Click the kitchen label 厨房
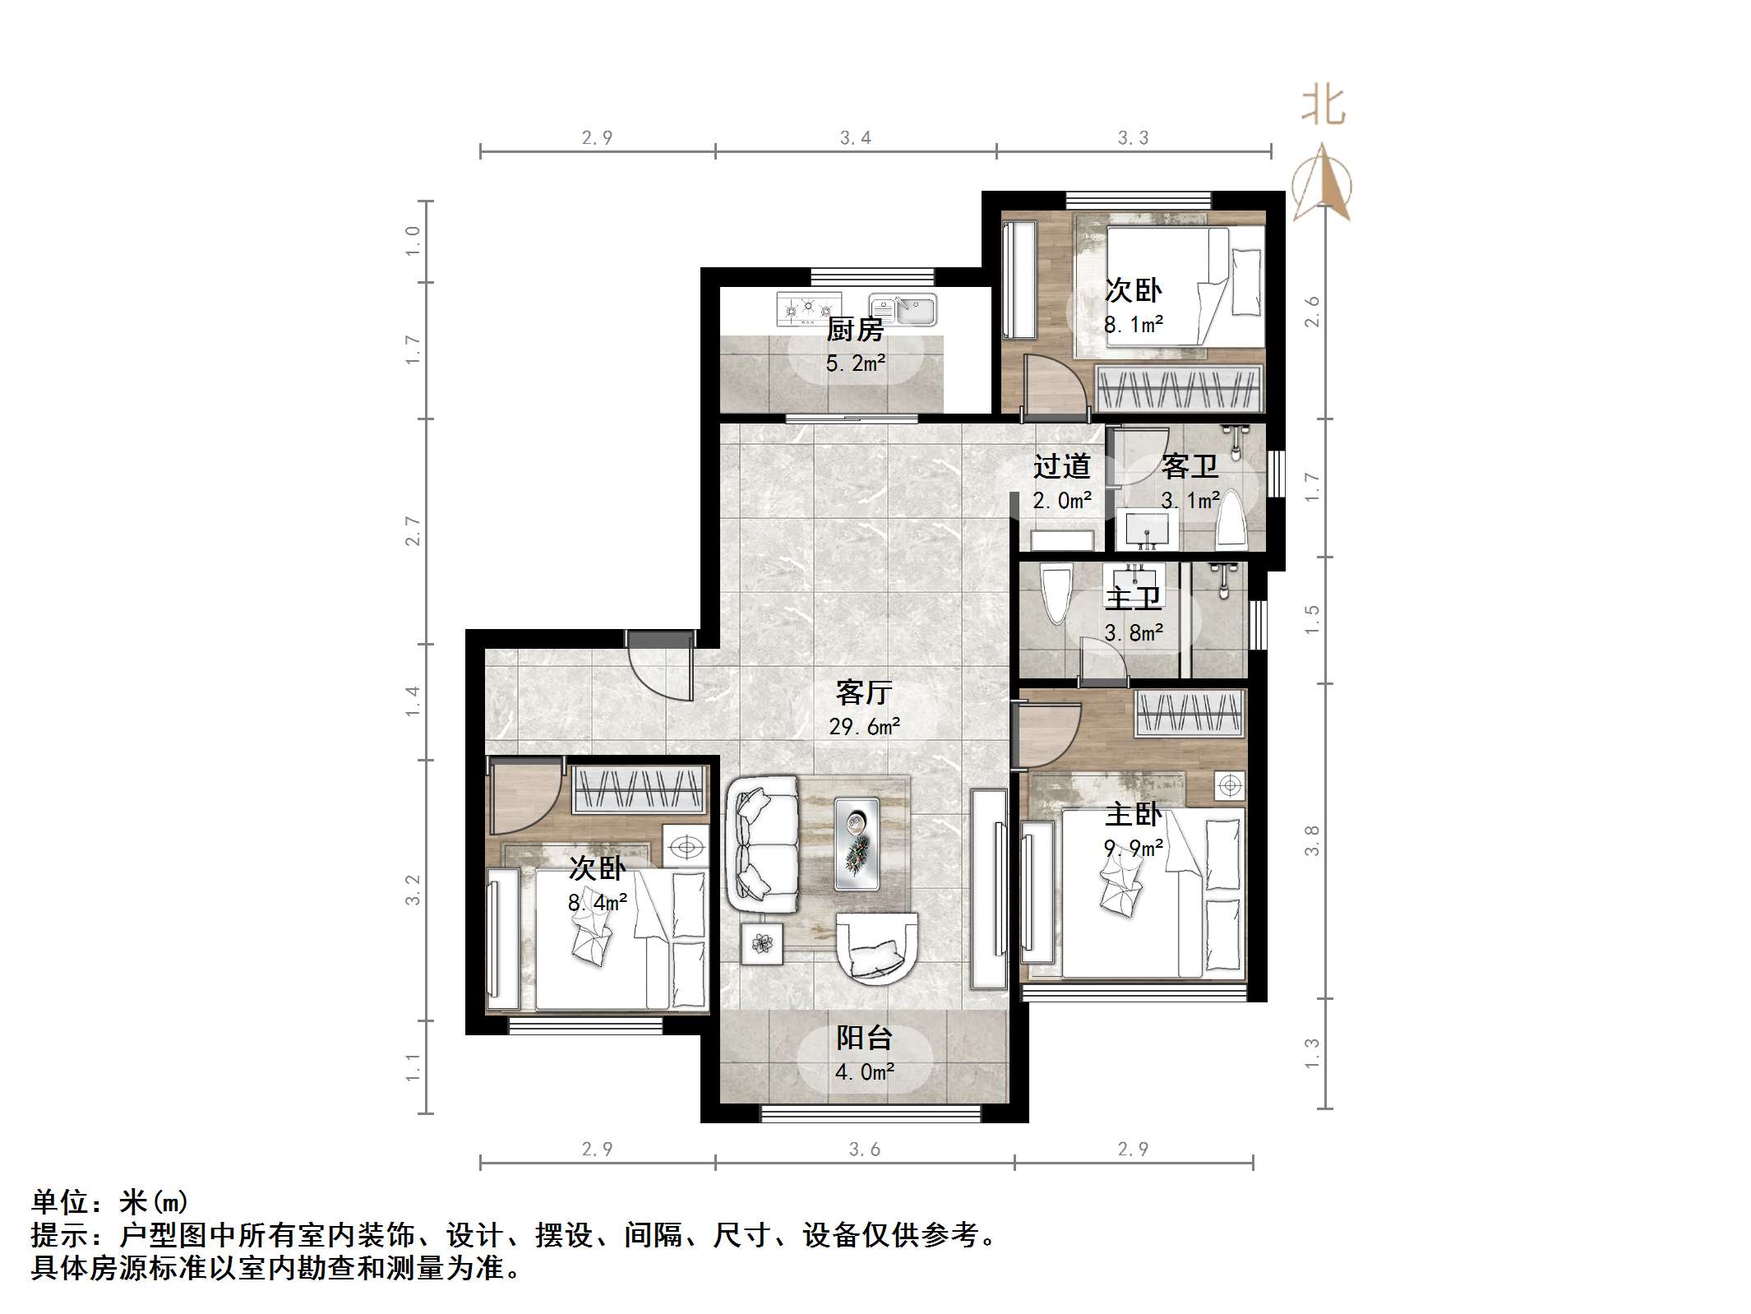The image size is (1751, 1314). click(x=855, y=330)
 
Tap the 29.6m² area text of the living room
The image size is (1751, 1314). click(x=865, y=726)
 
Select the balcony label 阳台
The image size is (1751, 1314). click(x=864, y=1038)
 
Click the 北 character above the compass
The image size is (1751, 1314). click(x=1323, y=106)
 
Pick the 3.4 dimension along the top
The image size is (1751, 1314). click(x=856, y=138)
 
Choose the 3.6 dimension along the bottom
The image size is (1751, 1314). click(x=865, y=1150)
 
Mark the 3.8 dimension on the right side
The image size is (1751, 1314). click(x=1312, y=840)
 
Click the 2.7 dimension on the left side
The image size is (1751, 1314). click(x=413, y=531)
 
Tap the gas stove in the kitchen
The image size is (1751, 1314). click(x=809, y=308)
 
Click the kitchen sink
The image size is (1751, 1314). click(x=903, y=310)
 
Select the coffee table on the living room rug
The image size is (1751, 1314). click(x=857, y=843)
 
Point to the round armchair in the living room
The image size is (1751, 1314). click(x=876, y=947)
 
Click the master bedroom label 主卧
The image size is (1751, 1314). click(x=1133, y=814)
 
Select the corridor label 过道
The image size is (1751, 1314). click(x=1061, y=466)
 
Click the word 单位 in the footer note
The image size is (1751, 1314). click(x=61, y=1202)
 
